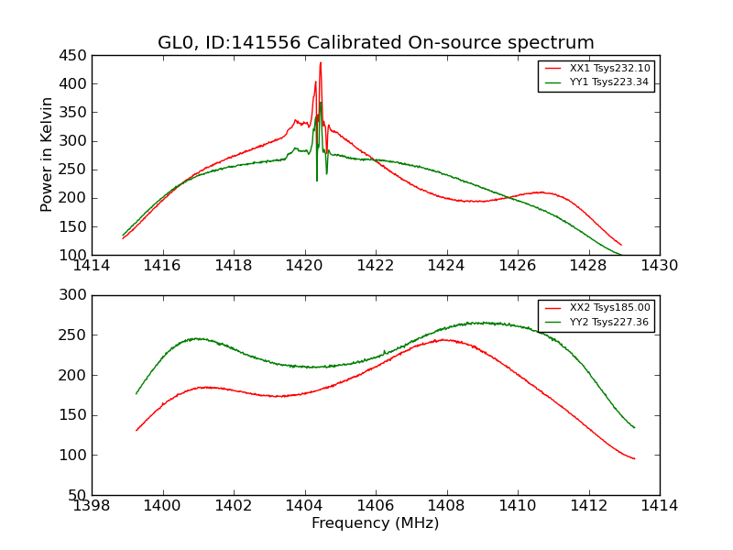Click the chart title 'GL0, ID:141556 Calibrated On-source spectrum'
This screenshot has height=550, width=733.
pos(376,43)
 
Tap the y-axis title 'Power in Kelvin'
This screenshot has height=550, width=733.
pos(47,155)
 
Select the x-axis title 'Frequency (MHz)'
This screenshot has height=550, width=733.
pos(375,523)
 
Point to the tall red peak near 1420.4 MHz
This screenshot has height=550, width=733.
pos(321,62)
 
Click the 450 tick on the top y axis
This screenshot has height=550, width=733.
pos(74,55)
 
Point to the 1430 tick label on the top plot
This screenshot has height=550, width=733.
pos(659,266)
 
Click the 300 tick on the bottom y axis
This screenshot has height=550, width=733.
pos(74,295)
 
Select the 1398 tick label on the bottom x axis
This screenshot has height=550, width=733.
pos(92,506)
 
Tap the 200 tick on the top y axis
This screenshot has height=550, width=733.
pos(74,198)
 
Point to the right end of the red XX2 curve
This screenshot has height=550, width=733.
pos(634,458)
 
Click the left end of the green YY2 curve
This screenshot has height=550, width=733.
pos(137,394)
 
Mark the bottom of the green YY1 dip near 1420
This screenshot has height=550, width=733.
pos(317,181)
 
